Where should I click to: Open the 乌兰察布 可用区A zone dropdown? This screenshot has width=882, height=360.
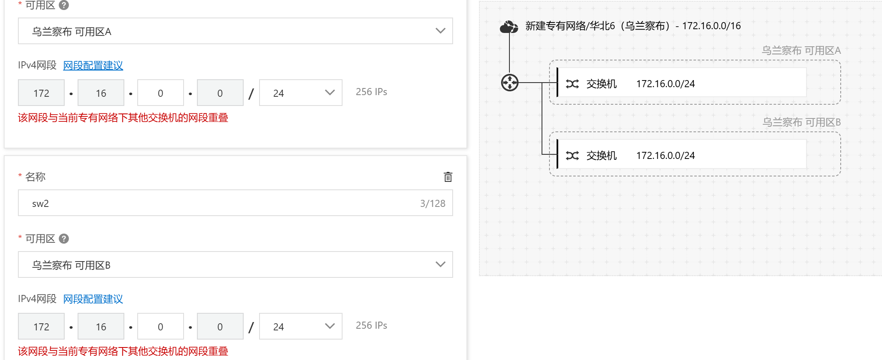pos(235,31)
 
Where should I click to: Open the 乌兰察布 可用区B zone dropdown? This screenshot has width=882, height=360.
pos(235,265)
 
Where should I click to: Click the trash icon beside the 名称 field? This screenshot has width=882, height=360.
pos(448,177)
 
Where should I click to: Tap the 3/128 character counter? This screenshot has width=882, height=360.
pos(432,204)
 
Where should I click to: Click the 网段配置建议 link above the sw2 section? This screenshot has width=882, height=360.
pos(93,65)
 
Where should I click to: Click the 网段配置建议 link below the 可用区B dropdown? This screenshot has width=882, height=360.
pos(93,299)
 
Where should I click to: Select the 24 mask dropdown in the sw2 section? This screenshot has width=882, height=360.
pos(300,327)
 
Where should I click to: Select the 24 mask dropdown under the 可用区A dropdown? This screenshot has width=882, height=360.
pos(300,93)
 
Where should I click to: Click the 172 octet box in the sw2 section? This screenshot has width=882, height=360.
pos(41,327)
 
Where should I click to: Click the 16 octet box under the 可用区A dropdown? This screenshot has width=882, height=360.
pos(101,93)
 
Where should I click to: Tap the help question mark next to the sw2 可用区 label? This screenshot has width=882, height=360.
pos(64,239)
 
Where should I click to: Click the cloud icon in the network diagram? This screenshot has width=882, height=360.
pos(509,27)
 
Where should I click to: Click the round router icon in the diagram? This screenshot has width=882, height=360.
pos(509,83)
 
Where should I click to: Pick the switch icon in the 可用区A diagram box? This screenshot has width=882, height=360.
pos(572,84)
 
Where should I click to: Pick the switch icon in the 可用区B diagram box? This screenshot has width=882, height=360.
pos(572,156)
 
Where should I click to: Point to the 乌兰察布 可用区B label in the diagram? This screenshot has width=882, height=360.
pos(801,122)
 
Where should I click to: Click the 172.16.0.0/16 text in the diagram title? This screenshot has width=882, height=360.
pos(711,26)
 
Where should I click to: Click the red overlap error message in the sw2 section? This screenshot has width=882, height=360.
pos(123,351)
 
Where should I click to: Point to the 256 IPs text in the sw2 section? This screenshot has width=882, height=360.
pos(371,325)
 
